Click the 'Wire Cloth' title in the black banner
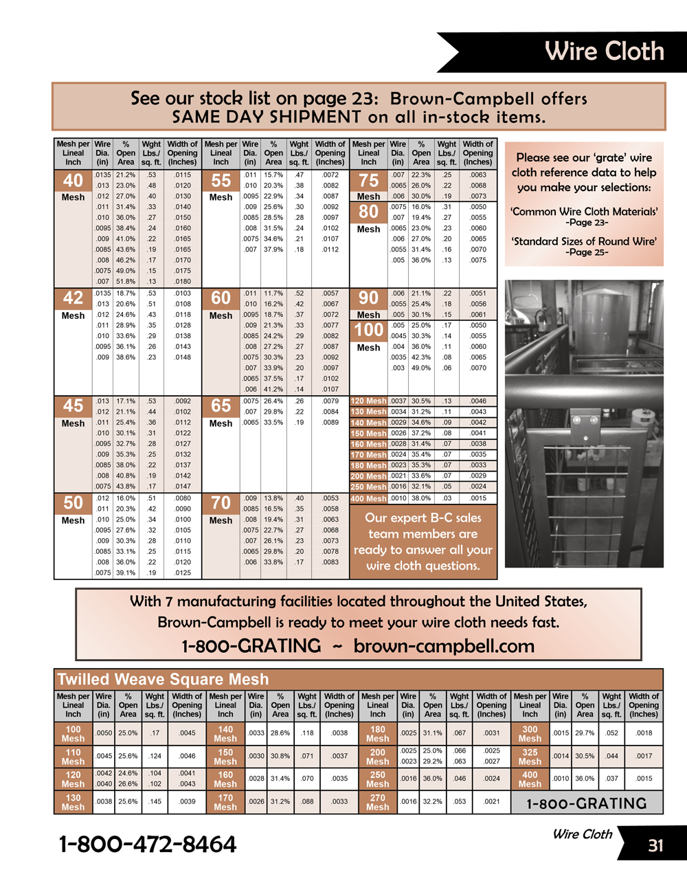[x=604, y=52]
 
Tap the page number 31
[x=655, y=845]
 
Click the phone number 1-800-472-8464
[x=148, y=844]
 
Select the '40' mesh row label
[x=73, y=181]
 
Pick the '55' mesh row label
[x=221, y=181]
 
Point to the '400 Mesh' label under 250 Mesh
[x=368, y=498]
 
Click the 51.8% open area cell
[x=126, y=282]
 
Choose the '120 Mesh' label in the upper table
[x=368, y=401]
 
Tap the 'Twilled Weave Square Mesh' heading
[x=163, y=680]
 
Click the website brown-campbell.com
[x=444, y=646]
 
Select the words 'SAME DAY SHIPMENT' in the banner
[x=266, y=117]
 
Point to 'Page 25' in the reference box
[x=587, y=252]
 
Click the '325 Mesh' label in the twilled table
[x=530, y=757]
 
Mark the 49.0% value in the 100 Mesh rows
[x=421, y=368]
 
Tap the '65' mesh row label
[x=221, y=405]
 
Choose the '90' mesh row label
[x=368, y=298]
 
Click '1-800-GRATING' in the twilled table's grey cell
[x=586, y=803]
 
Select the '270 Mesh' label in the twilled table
[x=377, y=803]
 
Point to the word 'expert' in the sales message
[x=404, y=518]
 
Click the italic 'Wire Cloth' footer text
[x=582, y=834]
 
